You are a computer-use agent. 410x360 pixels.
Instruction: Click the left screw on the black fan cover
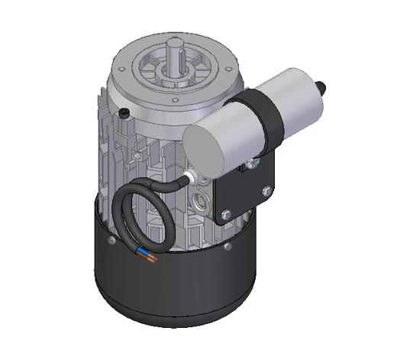111,240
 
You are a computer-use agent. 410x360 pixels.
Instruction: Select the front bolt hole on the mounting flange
174,99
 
